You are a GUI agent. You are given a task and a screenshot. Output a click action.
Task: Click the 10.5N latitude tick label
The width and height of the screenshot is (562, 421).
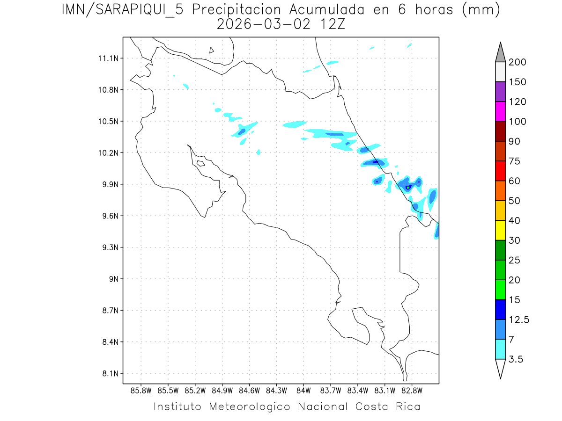(109, 122)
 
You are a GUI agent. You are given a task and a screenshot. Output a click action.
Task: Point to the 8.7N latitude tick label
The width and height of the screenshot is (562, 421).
(109, 311)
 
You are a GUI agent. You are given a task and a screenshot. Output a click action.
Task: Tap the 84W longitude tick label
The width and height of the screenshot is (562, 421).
(303, 390)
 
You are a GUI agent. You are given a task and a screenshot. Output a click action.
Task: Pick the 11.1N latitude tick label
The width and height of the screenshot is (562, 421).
(109, 58)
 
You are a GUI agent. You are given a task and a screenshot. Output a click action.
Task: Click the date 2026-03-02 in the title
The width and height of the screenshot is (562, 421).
(264, 24)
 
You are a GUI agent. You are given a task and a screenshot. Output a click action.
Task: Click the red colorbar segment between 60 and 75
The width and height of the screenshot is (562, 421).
(500, 171)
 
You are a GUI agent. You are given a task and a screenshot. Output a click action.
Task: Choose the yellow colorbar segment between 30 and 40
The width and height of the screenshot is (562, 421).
(500, 230)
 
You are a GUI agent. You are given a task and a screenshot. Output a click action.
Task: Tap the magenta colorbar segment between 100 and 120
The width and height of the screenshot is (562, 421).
(500, 111)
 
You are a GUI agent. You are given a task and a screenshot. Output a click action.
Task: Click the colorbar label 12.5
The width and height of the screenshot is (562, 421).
(519, 319)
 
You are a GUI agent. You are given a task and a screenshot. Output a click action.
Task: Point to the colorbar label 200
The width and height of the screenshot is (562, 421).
(518, 62)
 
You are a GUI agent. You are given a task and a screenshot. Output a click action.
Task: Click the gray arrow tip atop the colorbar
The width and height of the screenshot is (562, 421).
(500, 52)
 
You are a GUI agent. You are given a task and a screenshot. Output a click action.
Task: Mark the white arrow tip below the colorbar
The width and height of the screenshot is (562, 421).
(500, 369)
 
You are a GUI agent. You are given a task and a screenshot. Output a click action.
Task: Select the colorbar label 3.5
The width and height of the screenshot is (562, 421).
(516, 359)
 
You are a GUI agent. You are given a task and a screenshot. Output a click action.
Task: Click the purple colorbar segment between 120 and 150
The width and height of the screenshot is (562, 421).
(500, 92)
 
